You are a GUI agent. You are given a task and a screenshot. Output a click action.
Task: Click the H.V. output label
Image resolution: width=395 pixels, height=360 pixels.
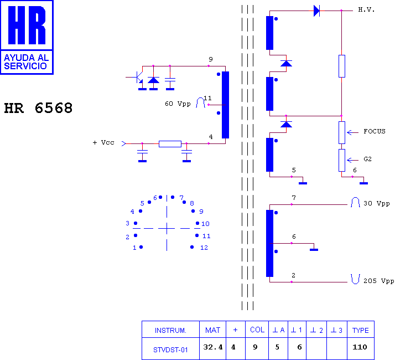click(366, 10)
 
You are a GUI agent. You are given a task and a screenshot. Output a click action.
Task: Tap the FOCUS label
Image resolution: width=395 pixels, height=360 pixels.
click(375, 131)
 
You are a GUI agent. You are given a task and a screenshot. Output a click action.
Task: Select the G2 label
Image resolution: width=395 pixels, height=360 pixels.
click(367, 159)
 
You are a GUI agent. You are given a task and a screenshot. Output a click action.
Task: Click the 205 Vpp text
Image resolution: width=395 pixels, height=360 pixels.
click(378, 281)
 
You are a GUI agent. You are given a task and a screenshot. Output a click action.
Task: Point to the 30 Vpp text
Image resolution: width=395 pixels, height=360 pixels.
click(377, 203)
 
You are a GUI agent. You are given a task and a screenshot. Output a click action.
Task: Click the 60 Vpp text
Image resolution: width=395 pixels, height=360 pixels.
click(178, 104)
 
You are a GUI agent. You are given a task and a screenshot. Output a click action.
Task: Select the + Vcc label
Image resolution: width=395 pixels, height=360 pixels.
click(103, 142)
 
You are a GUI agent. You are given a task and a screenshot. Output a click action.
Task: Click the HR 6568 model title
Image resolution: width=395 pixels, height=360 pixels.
click(38, 108)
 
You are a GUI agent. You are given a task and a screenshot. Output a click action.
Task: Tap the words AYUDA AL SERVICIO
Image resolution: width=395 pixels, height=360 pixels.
click(26, 62)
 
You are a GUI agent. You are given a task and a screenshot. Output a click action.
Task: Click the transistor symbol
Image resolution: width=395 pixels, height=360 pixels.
click(138, 77)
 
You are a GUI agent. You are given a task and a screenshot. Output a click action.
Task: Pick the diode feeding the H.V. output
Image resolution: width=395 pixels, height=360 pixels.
click(316, 11)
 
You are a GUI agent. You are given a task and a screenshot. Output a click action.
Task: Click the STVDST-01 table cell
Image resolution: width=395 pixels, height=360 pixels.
click(170, 350)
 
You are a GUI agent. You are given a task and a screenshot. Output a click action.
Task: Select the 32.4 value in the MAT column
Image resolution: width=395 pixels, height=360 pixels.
click(213, 347)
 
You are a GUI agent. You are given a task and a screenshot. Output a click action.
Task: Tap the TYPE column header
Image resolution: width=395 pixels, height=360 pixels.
click(361, 331)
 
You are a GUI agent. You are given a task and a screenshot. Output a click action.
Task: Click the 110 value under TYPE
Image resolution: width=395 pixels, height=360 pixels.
click(360, 347)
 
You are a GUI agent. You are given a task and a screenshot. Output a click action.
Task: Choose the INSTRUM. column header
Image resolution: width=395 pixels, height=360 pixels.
click(170, 331)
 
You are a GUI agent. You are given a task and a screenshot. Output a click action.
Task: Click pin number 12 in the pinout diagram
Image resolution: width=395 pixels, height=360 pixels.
click(204, 248)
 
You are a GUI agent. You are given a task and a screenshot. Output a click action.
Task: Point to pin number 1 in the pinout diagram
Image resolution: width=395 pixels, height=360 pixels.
click(134, 248)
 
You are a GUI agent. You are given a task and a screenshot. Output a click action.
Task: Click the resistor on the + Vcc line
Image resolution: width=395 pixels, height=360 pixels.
click(170, 144)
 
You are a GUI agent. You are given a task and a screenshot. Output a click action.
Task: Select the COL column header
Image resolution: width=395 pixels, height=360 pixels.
click(257, 330)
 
